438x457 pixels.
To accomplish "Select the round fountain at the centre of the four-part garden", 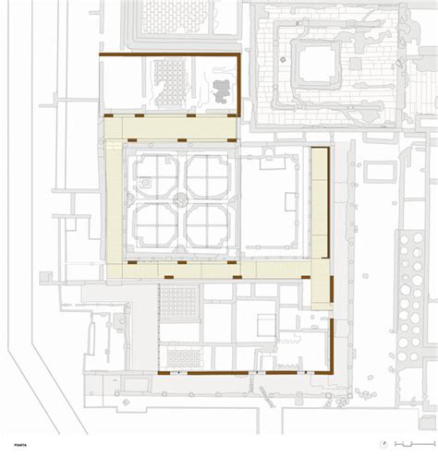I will point(182,198).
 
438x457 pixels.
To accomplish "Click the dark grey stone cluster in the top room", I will point(223,90).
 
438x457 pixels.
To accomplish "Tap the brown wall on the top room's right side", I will point(239,85).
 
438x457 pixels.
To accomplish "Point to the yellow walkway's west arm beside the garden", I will point(114,208).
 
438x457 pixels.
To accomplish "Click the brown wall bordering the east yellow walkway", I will point(328,203).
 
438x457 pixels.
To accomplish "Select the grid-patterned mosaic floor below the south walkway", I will point(179,301).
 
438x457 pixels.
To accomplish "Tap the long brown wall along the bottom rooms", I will point(245,373).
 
